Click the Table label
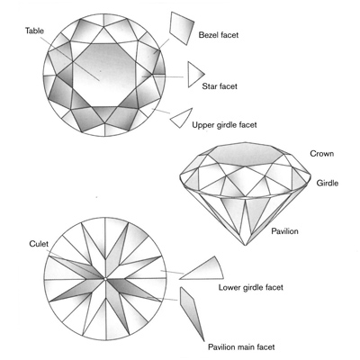point(34,31)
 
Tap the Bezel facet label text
point(219,35)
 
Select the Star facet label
point(220,86)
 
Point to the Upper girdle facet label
point(224,125)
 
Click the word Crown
point(321,154)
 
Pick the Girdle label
point(328,183)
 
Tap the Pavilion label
point(284,231)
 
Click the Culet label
point(39,244)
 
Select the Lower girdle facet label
point(251,287)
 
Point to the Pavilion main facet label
point(241,347)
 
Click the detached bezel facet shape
point(181,28)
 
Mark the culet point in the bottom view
point(105,279)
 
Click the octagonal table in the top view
point(104,75)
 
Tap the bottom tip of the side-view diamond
point(246,246)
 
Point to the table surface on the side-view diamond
point(246,155)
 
